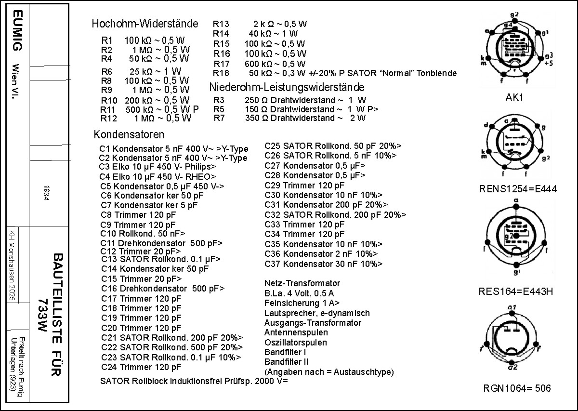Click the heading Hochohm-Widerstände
(x=144, y=24)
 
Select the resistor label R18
(x=221, y=73)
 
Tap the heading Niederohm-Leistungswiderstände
(x=287, y=87)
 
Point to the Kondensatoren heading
(x=129, y=134)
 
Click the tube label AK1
(x=514, y=97)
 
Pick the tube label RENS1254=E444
(x=518, y=189)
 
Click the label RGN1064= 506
(x=517, y=388)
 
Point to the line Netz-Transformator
(x=302, y=283)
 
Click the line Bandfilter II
(x=287, y=361)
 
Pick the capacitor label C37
(x=273, y=264)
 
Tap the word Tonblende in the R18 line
(x=437, y=73)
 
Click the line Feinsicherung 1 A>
(x=302, y=303)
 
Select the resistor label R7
(x=219, y=118)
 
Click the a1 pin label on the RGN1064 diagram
(x=512, y=307)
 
